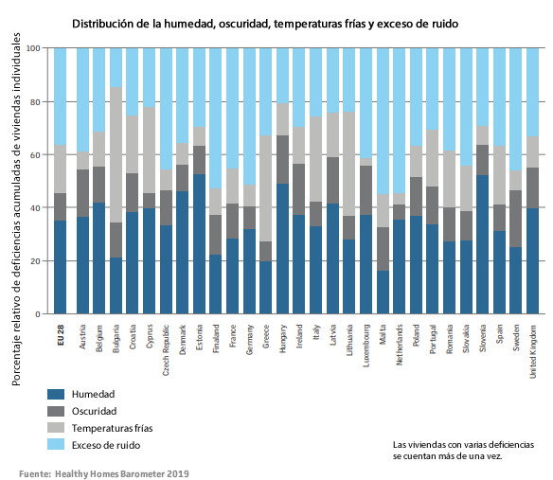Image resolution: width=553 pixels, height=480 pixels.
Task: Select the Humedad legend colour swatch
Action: (x=56, y=393)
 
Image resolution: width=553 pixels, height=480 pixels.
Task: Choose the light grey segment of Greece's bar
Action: (x=265, y=188)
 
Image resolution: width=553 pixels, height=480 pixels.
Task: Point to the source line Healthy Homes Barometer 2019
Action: (x=104, y=471)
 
